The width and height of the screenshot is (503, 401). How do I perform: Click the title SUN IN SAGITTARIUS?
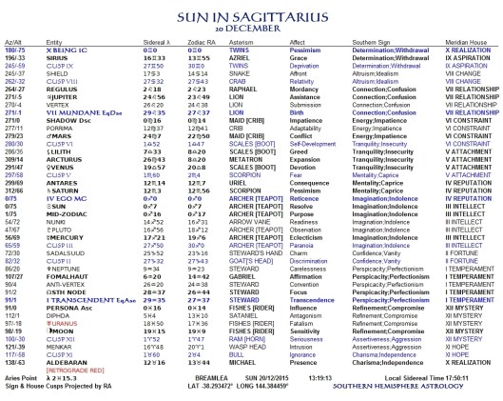coord(251,10)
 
